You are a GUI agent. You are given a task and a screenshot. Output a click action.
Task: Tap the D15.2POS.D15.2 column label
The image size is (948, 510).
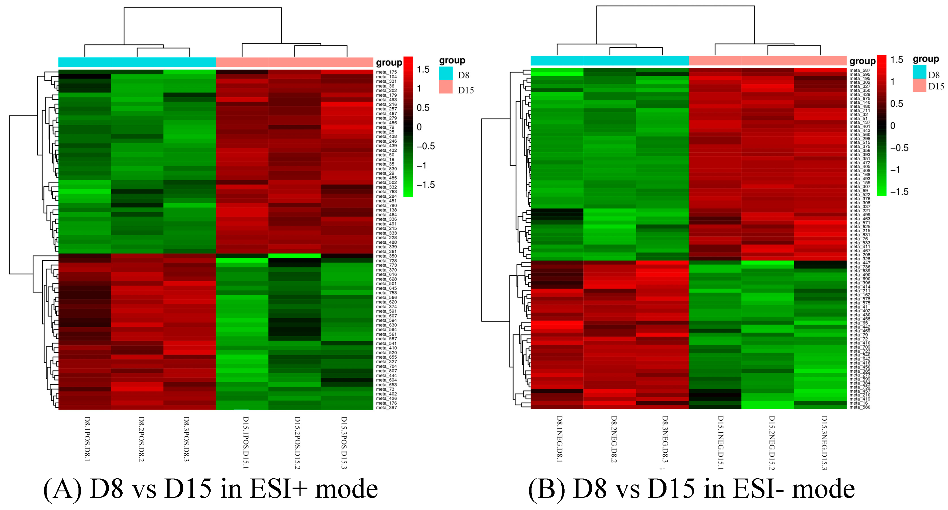coord(297,443)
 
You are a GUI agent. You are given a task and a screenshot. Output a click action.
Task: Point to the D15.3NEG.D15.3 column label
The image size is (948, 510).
coord(824,443)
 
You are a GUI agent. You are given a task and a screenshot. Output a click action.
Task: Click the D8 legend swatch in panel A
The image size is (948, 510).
coord(446,74)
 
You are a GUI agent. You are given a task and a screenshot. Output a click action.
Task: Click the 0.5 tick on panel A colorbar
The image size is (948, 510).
coord(423,108)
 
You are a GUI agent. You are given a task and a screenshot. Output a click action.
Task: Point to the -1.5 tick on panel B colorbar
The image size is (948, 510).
coord(899,192)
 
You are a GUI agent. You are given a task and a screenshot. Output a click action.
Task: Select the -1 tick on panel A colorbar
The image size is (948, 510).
coord(422,166)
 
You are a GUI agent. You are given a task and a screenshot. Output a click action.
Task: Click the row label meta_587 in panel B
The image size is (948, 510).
coord(860,70)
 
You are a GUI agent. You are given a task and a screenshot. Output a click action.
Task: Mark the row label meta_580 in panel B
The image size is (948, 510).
coord(860,407)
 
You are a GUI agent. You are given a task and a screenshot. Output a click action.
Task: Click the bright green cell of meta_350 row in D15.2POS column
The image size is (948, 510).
coord(294,256)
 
